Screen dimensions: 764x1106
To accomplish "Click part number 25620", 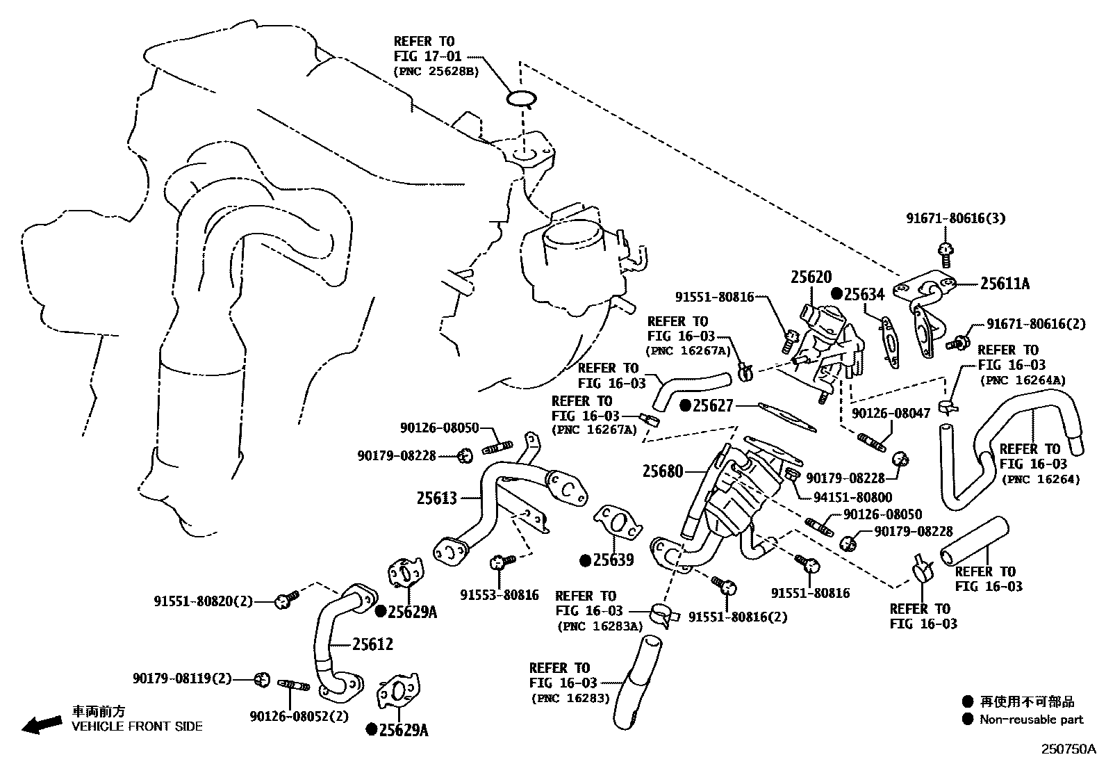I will (x=811, y=277).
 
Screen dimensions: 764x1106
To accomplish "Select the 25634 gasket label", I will (x=864, y=294).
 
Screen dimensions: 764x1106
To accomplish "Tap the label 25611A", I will (x=1005, y=284).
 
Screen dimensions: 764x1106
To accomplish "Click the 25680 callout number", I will (x=663, y=471).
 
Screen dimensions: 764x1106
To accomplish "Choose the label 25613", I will (x=437, y=498).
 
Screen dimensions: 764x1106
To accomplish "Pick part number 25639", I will (x=613, y=560).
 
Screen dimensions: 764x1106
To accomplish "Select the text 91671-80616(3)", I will (x=955, y=218).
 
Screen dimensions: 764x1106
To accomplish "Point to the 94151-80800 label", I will (x=853, y=497).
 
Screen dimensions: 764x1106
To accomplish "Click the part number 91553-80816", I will (x=499, y=594).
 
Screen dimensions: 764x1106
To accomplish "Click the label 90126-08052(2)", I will (x=299, y=717).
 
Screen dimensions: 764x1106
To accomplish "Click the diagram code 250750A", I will (x=1067, y=749).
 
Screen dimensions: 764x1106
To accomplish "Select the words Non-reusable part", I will (x=1031, y=720).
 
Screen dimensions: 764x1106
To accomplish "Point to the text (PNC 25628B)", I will (x=436, y=71).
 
